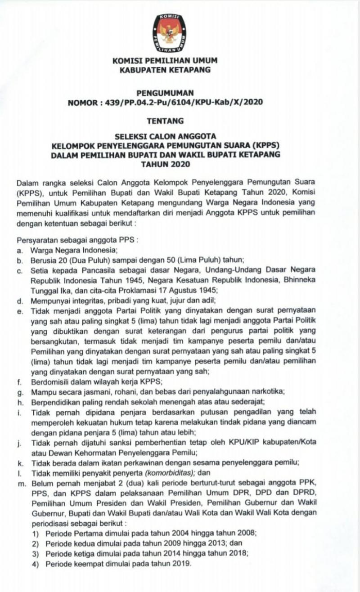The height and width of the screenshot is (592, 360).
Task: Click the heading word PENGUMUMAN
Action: tap(165, 93)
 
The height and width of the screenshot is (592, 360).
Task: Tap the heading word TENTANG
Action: tap(165, 121)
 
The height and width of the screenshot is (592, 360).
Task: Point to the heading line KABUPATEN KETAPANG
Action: tap(165, 70)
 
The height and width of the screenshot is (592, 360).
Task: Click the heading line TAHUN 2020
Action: tap(165, 164)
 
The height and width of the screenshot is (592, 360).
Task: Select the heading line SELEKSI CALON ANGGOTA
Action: tap(165, 136)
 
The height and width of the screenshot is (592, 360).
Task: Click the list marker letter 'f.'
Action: tap(19, 382)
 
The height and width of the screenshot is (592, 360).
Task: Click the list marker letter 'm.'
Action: tap(21, 483)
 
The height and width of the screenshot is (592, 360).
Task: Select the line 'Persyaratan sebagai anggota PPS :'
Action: tap(77, 241)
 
